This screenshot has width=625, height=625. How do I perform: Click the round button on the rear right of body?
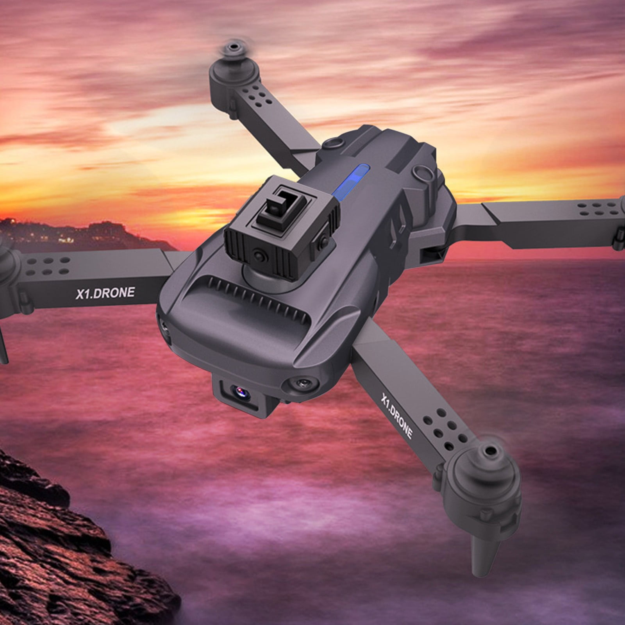[x=421, y=170]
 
